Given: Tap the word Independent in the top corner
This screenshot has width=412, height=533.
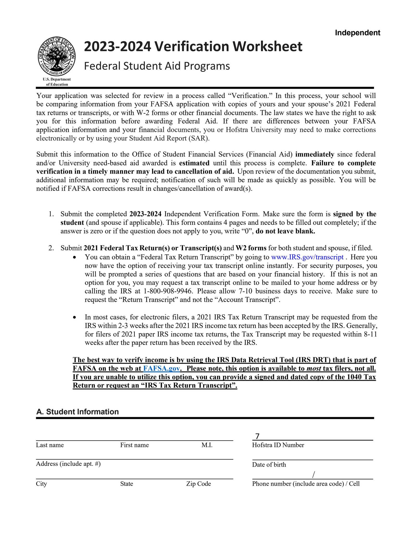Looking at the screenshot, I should click(x=357, y=33).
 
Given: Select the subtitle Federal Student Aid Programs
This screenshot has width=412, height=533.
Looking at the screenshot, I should click(x=157, y=66).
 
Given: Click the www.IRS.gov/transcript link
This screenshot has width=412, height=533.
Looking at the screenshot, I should click(x=307, y=257).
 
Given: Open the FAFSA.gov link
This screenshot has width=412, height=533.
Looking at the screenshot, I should click(x=161, y=369).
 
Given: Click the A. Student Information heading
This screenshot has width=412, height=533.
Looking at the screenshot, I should click(x=77, y=411).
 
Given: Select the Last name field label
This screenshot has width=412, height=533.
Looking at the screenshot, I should click(x=50, y=445).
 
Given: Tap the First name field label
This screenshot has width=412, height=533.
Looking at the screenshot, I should click(x=134, y=445).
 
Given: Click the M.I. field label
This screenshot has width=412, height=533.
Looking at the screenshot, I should click(x=207, y=445).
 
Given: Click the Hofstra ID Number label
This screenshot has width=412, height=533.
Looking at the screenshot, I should click(x=278, y=445).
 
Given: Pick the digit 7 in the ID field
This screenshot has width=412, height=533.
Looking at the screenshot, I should click(x=257, y=436).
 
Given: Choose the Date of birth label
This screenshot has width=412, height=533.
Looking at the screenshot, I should click(x=269, y=465).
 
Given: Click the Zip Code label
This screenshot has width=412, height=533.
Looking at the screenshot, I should click(x=198, y=484).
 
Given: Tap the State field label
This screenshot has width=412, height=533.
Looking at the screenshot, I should click(x=126, y=484).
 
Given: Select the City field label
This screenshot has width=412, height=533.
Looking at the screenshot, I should click(x=41, y=484).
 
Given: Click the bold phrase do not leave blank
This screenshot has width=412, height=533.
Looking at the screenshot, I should click(x=285, y=231).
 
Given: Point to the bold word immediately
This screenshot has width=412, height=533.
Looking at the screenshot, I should click(x=315, y=154).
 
